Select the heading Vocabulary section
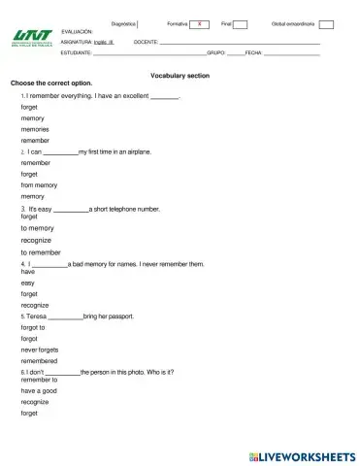[180, 75]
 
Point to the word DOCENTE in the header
[146, 43]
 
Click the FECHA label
[254, 53]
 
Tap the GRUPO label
[216, 53]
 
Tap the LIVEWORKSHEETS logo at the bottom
[303, 455]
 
